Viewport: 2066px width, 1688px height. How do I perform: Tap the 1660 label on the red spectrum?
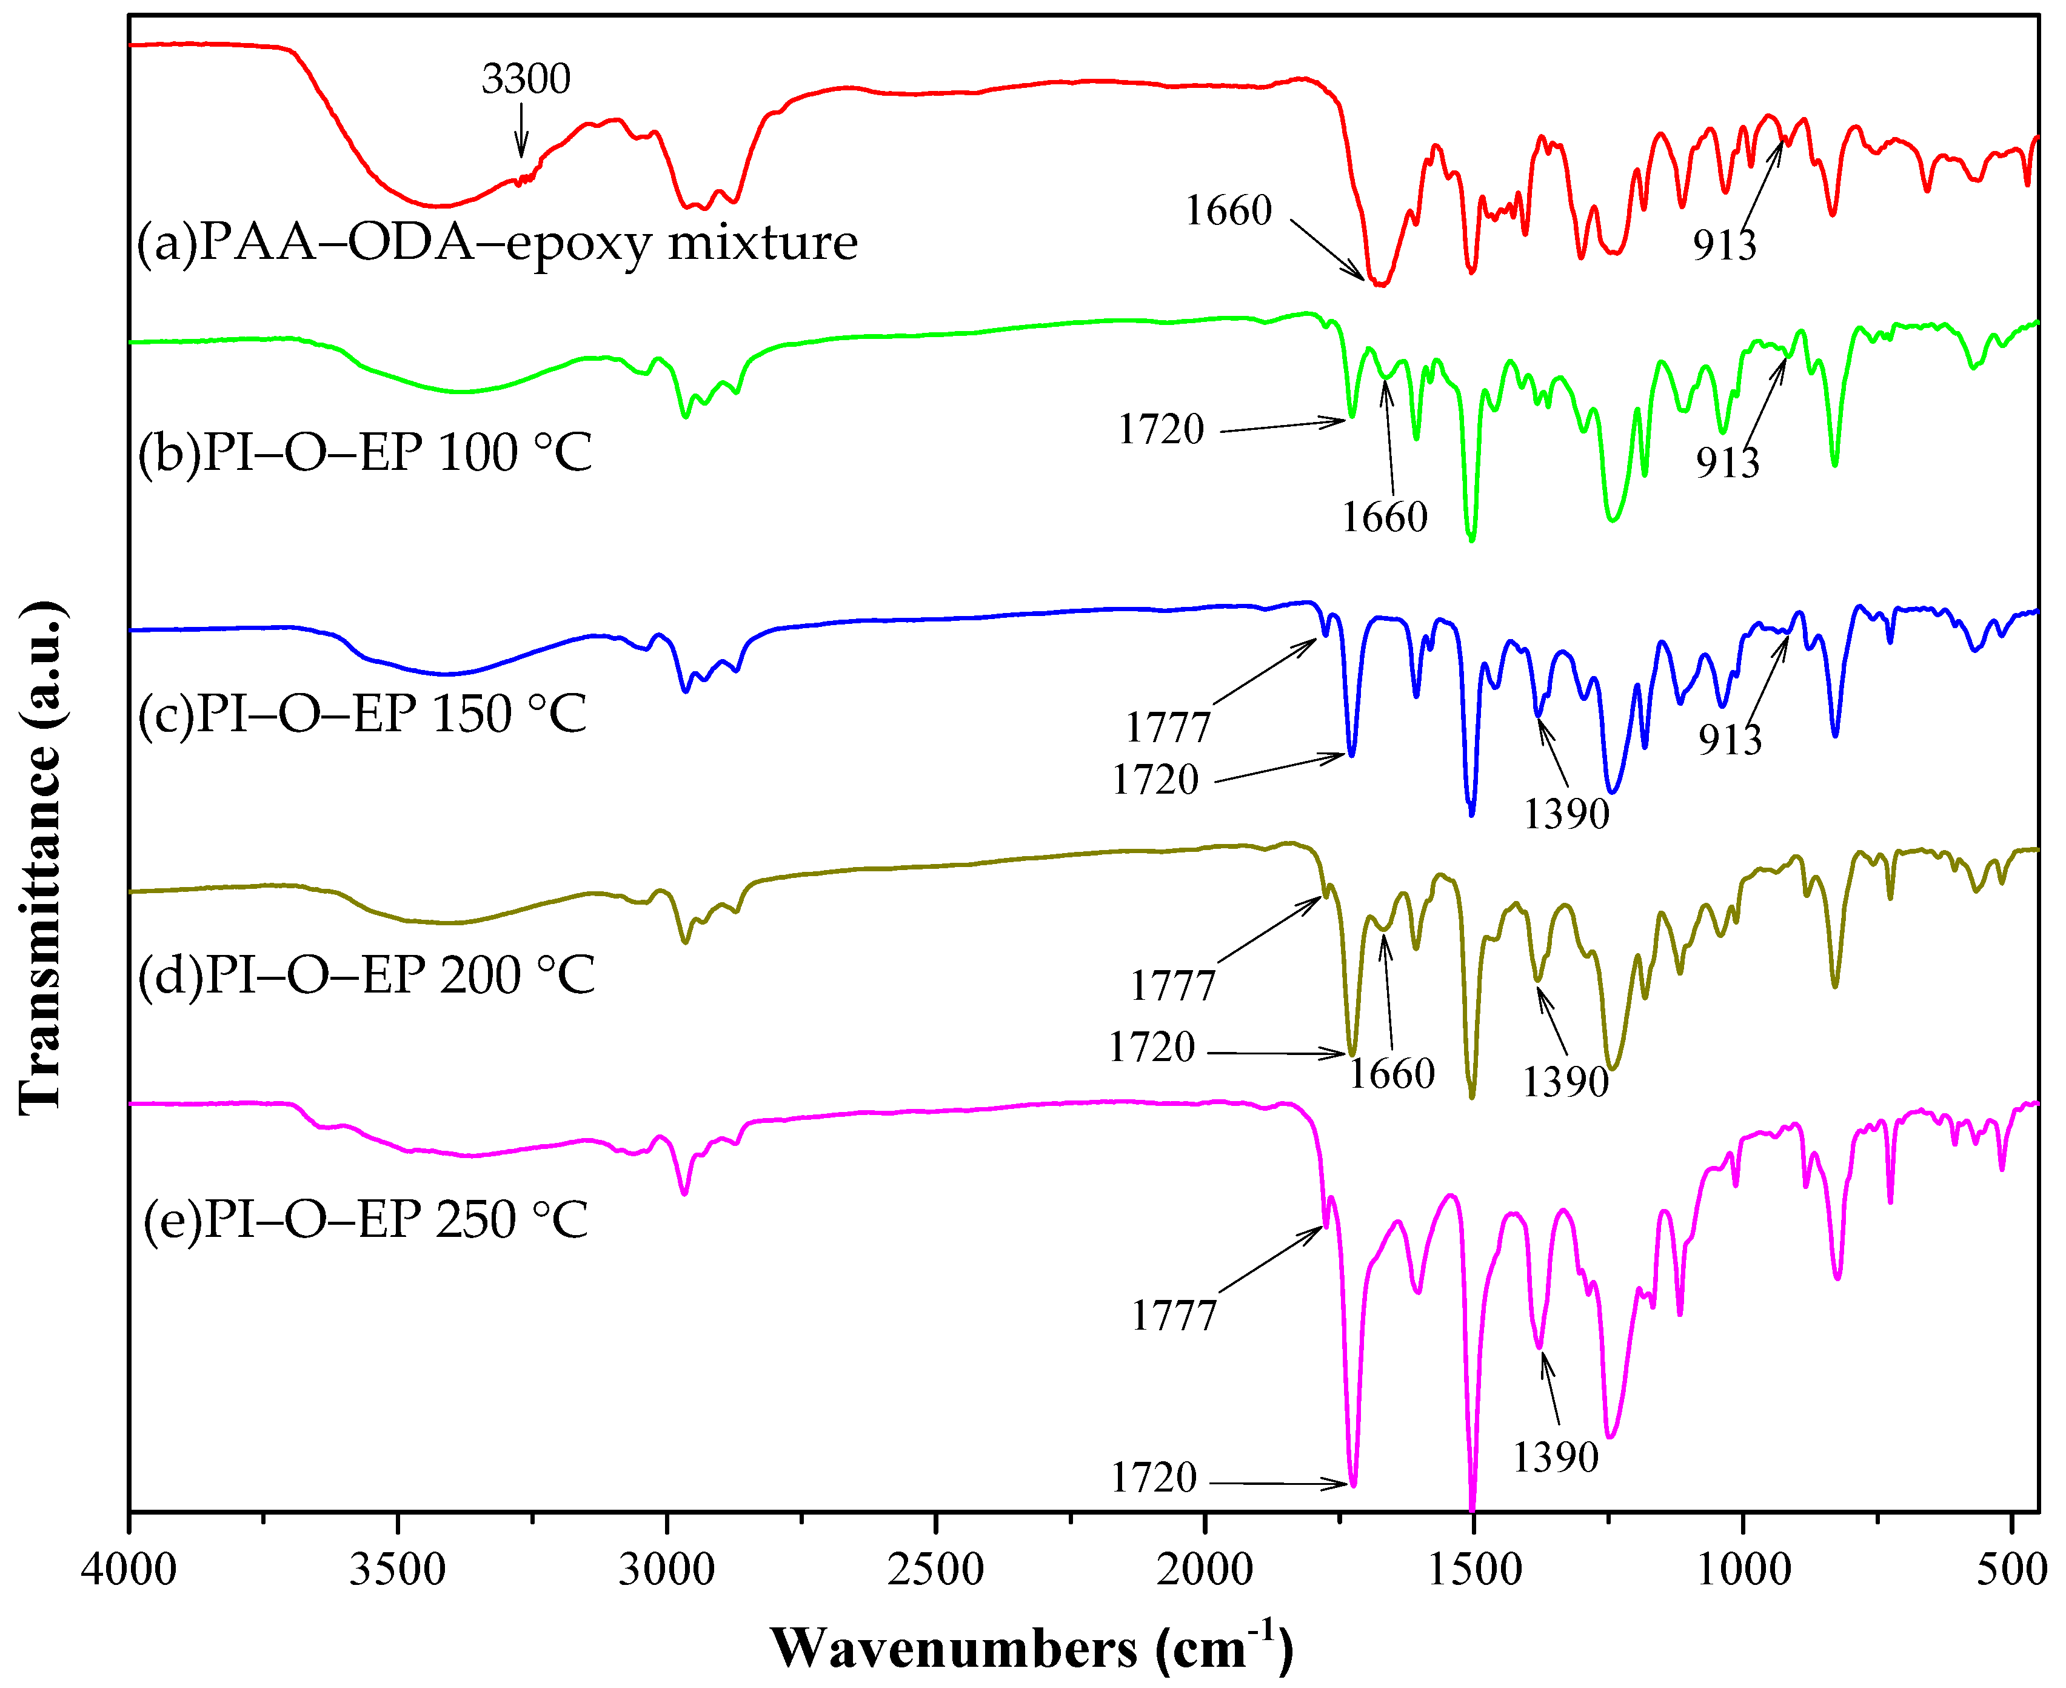click(x=1228, y=210)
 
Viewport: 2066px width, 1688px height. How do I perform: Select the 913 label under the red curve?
click(x=1725, y=244)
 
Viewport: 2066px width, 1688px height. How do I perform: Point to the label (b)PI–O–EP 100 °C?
click(x=364, y=452)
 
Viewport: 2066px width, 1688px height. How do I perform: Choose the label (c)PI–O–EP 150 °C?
click(x=362, y=714)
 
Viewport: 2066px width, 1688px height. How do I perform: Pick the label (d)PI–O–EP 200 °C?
click(x=366, y=974)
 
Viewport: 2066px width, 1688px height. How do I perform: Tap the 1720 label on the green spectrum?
click(x=1161, y=429)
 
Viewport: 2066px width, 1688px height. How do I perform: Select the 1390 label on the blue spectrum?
click(x=1566, y=813)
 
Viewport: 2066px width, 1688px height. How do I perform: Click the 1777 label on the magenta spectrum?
click(x=1174, y=1316)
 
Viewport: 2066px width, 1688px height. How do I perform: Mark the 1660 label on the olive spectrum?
click(x=1391, y=1073)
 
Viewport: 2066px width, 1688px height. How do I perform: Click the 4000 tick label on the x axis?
click(x=129, y=1569)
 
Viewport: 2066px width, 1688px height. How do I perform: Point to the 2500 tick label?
click(x=935, y=1569)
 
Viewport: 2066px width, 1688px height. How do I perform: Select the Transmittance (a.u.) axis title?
click(x=41, y=856)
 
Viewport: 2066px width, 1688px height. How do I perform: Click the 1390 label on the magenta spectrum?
click(x=1556, y=1456)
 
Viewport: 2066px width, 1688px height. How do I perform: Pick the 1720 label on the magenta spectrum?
click(x=1154, y=1478)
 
